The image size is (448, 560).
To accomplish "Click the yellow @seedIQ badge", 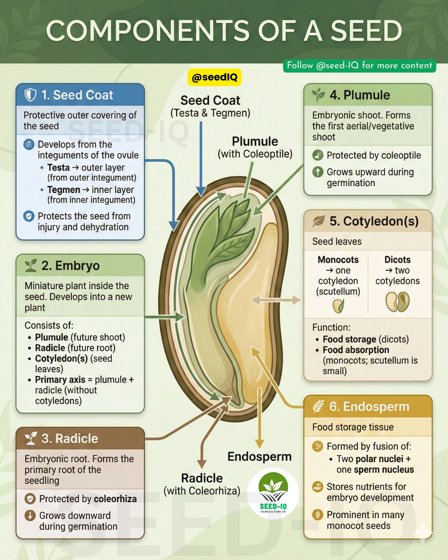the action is [214, 77].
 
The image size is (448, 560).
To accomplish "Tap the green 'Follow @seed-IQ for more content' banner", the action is [359, 66].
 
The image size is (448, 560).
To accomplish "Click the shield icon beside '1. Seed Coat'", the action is [30, 95].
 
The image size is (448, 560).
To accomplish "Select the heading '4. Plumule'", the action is [360, 95].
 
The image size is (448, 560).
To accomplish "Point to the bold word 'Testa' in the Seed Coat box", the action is [59, 167].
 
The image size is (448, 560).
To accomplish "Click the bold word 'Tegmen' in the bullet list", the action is [64, 189].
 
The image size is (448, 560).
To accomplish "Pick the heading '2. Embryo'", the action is [71, 266].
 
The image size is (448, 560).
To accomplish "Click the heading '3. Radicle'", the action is [70, 439].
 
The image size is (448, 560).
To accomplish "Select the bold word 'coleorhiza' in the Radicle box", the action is [115, 499].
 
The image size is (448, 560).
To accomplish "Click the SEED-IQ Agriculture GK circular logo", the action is [273, 494].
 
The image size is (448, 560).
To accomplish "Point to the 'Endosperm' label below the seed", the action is [260, 456].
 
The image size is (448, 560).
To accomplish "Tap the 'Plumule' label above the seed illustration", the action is [255, 142].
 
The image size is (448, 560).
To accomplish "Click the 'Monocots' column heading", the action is [338, 259].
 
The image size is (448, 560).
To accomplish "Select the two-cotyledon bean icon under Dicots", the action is [397, 302].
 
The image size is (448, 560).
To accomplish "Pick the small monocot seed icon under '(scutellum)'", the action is [338, 306].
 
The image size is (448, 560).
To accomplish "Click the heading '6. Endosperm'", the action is [369, 407].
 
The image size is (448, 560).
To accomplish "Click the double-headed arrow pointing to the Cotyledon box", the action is [276, 300].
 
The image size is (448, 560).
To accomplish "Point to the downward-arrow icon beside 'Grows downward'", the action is [30, 515].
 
